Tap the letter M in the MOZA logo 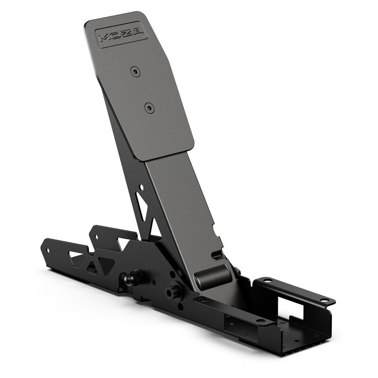pos(105,37)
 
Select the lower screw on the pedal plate pos(149,107)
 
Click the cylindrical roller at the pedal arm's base pos(212,275)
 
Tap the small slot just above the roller pos(217,255)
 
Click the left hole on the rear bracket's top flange pos(266,280)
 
